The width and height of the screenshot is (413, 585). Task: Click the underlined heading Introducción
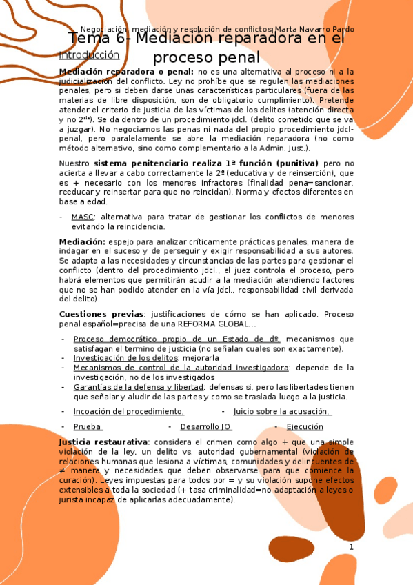[89, 54]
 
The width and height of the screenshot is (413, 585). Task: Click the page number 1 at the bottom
[351, 547]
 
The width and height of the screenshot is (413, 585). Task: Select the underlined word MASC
[82, 217]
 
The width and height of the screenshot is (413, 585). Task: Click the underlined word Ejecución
[304, 427]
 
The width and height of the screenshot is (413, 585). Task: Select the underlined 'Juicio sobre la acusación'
[282, 411]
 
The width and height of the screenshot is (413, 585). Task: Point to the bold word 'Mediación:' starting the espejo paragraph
[82, 242]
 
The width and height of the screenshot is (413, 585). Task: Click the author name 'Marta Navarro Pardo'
[314, 30]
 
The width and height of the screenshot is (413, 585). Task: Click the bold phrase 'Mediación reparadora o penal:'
[127, 71]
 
